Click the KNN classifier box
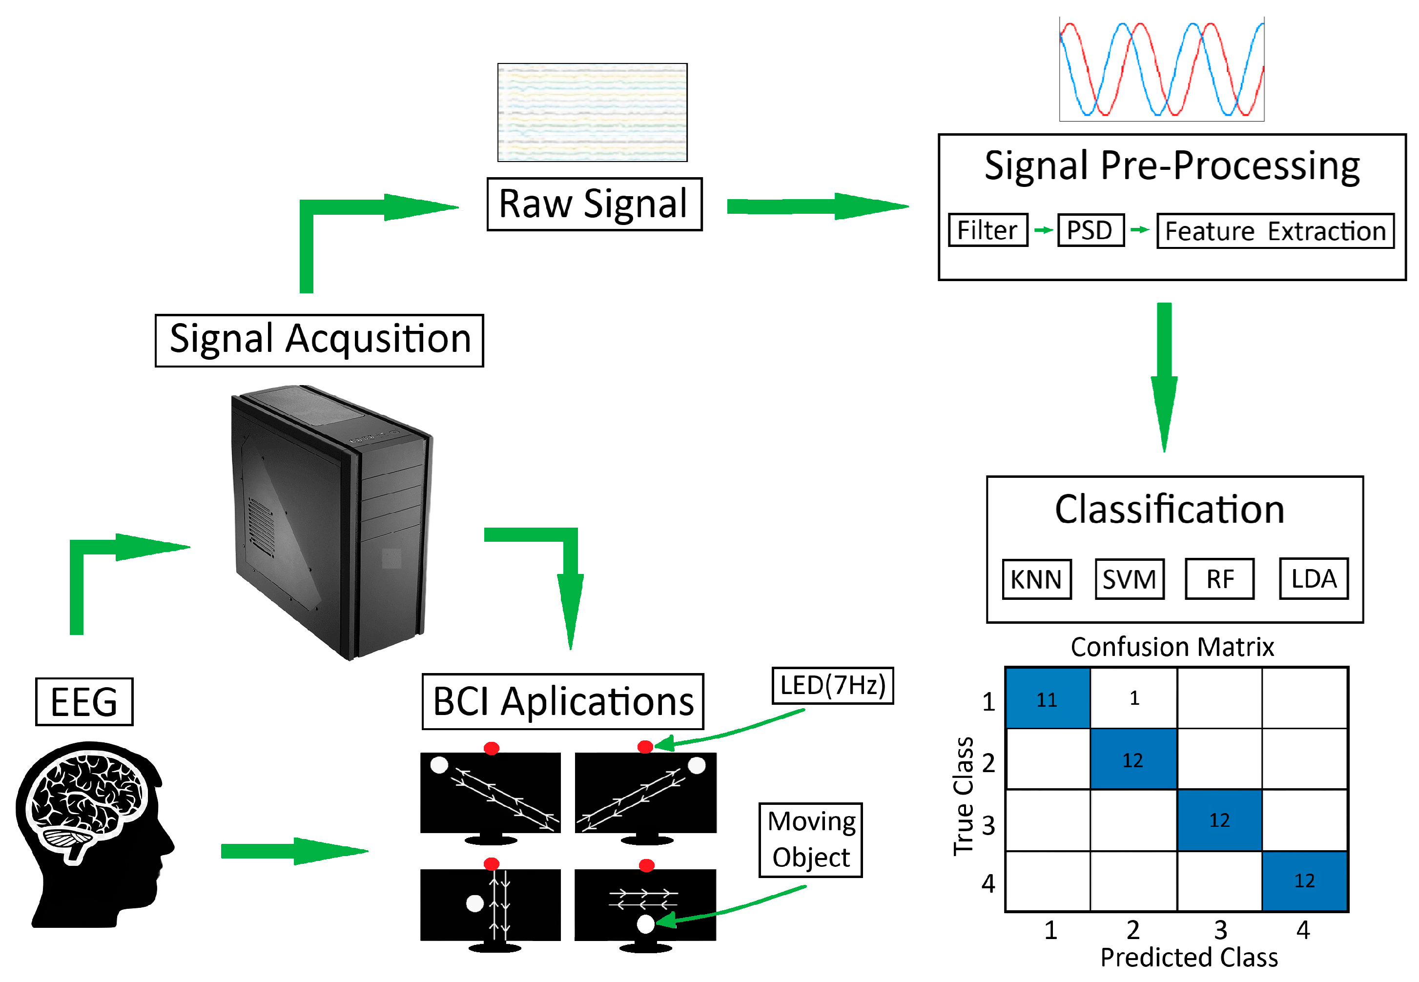1036,578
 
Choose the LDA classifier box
1313,578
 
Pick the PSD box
1090,230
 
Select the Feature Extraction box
1275,231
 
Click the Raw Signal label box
594,205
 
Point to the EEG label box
84,701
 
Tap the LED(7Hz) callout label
833,685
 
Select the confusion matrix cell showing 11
1048,698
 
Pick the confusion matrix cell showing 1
1133,698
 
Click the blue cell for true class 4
1305,880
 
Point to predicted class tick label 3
1220,930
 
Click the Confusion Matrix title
1172,647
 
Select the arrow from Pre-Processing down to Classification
1164,377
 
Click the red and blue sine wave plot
1161,69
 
